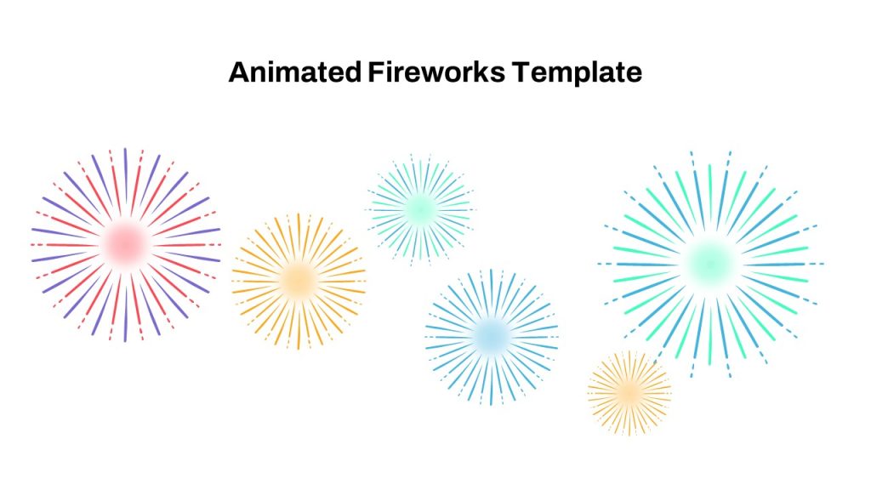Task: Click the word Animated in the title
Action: pyautogui.click(x=295, y=72)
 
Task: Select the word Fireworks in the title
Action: pyautogui.click(x=436, y=72)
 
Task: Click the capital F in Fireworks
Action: pyautogui.click(x=376, y=72)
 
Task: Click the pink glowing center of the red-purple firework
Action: pyautogui.click(x=126, y=244)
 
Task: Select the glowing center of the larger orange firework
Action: pyautogui.click(x=299, y=281)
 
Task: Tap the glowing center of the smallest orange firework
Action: pyautogui.click(x=629, y=393)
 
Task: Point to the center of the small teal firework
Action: pyautogui.click(x=420, y=209)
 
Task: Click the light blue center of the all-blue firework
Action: pyautogui.click(x=492, y=337)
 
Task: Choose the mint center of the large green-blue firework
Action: pyautogui.click(x=710, y=264)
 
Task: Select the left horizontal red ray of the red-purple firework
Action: pyautogui.click(x=65, y=245)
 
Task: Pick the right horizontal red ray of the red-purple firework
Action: pyautogui.click(x=186, y=245)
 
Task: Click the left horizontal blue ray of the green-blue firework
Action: pyautogui.click(x=640, y=264)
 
